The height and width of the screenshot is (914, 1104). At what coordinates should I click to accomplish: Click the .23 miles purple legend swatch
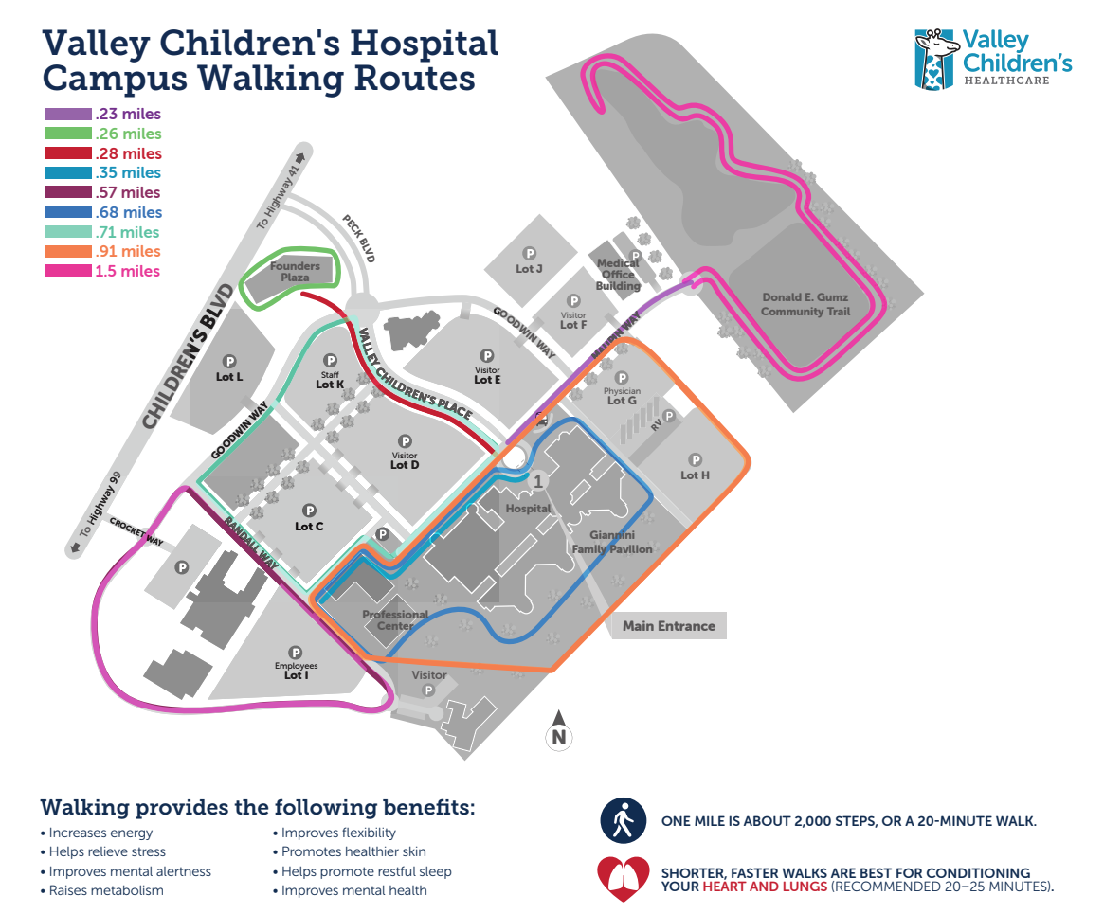(68, 115)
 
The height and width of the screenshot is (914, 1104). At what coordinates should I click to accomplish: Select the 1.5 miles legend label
(127, 272)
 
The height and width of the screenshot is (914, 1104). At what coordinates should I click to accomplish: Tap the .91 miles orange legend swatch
(68, 252)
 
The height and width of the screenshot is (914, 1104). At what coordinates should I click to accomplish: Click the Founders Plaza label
(295, 272)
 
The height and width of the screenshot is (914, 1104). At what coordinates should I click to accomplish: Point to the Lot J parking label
(529, 268)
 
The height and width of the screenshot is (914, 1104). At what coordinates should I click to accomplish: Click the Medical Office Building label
(617, 275)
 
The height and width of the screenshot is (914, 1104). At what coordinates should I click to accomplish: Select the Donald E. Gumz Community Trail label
(805, 304)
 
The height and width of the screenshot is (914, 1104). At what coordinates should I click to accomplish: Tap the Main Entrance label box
(668, 626)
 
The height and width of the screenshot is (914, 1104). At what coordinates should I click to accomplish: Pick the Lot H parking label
(695, 475)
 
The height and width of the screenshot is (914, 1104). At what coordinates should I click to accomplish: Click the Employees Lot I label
(296, 671)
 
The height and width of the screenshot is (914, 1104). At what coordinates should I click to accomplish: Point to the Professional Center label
(395, 620)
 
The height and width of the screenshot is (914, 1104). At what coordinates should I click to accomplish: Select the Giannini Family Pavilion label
(612, 542)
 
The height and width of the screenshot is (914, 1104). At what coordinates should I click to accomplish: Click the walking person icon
(623, 819)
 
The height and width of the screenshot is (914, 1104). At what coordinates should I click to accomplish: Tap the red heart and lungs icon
(623, 879)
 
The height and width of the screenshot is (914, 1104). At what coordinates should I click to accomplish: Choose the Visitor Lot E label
(487, 374)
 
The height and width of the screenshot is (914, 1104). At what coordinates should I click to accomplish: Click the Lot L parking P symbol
(229, 362)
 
